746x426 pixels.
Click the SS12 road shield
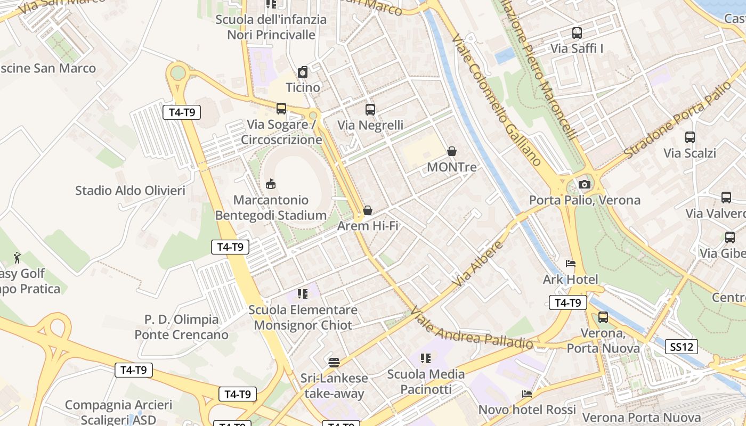(682, 347)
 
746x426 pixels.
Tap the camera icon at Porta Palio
(585, 184)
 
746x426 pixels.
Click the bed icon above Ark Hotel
(570, 263)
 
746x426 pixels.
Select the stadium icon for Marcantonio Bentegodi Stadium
(271, 184)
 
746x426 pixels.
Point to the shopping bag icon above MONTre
(452, 151)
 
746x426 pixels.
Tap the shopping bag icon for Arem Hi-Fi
(368, 210)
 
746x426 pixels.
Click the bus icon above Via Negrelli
(370, 110)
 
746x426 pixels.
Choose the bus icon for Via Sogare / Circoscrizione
(281, 109)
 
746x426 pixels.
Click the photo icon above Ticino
(303, 72)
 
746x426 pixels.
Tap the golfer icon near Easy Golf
(17, 258)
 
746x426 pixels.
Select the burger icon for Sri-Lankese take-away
(334, 363)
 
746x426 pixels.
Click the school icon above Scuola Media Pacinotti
(425, 358)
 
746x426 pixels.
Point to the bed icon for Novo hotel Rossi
(527, 394)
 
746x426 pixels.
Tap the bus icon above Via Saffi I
(577, 33)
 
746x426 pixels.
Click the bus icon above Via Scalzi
(690, 137)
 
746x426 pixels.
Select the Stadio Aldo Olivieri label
(130, 191)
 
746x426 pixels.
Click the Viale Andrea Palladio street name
(471, 326)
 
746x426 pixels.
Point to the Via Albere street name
(478, 264)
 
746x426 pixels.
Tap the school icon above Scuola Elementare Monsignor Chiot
(303, 294)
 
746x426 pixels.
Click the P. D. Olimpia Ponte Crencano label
(182, 327)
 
